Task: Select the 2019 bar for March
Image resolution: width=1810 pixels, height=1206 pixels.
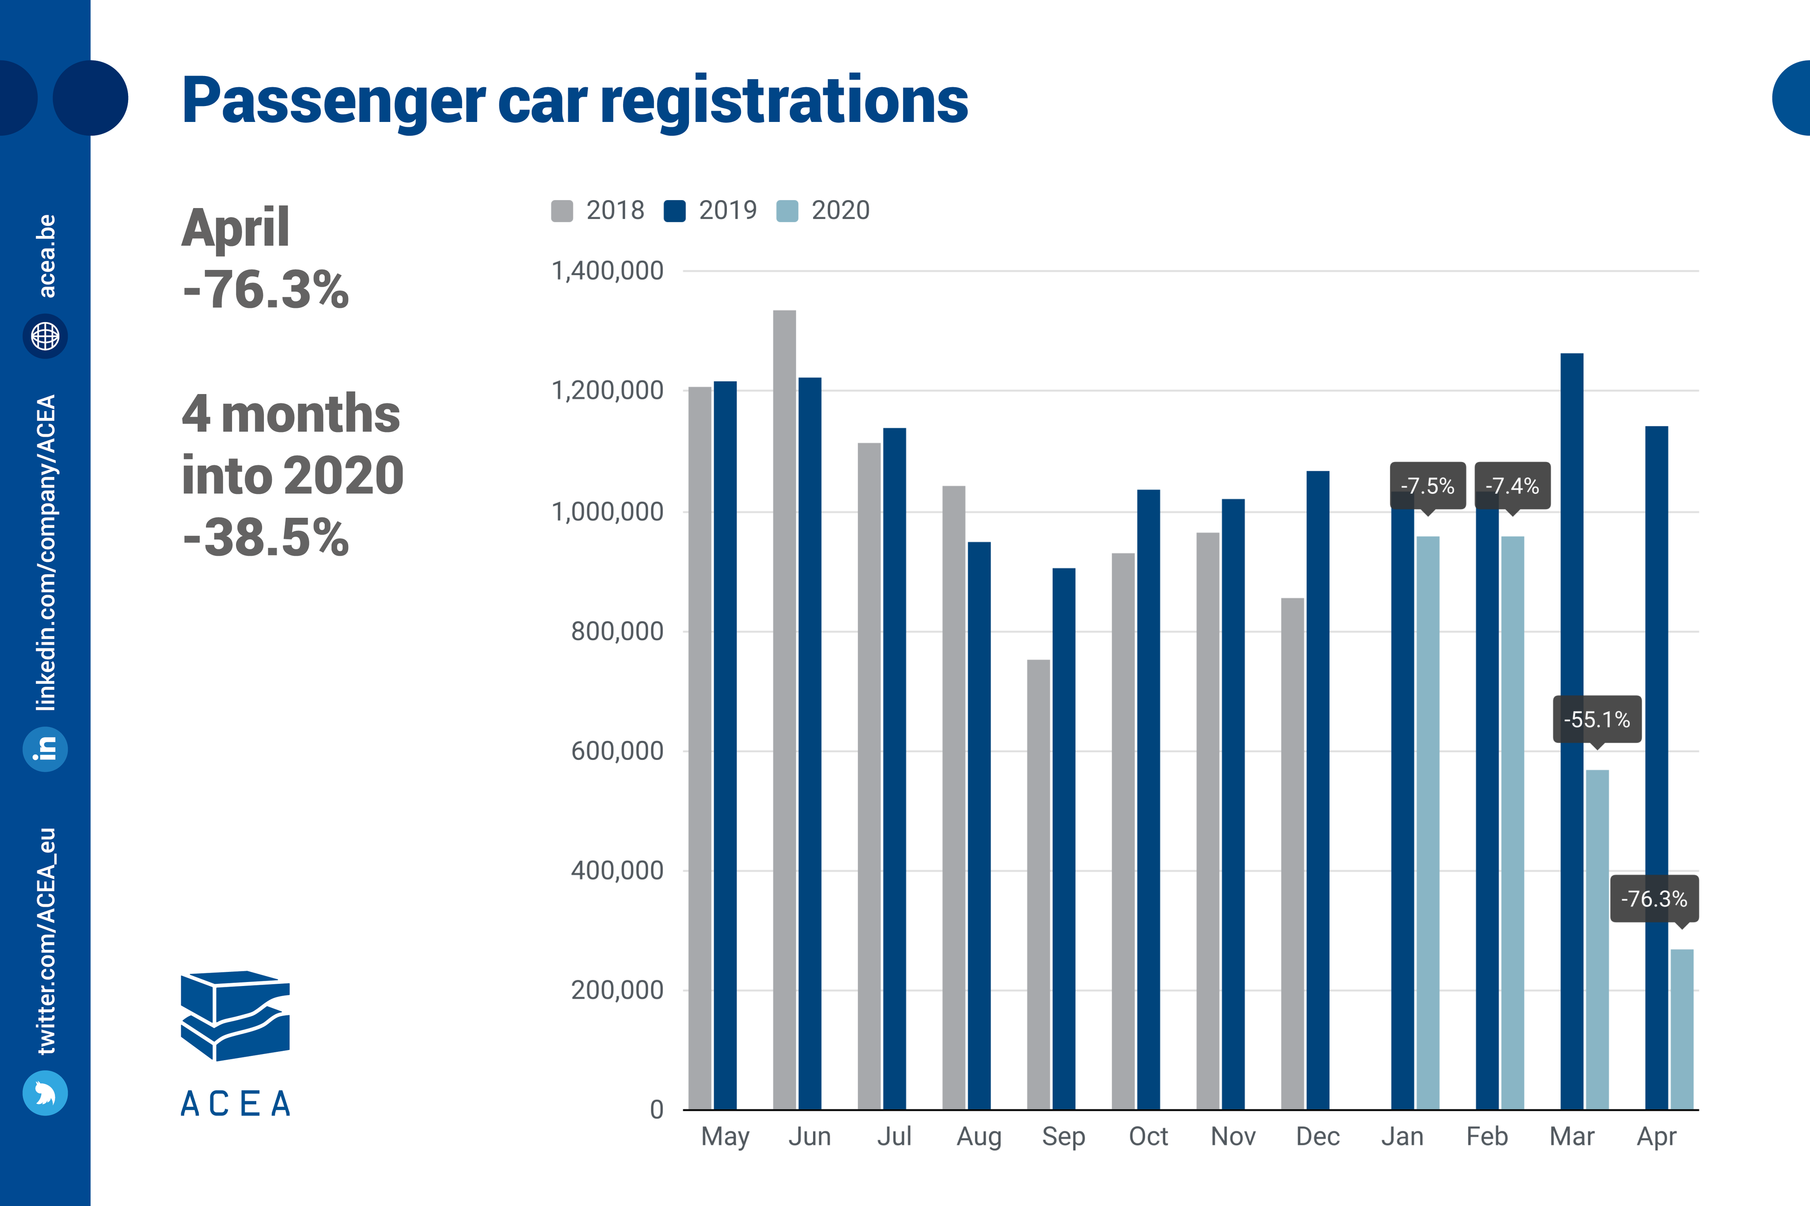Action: point(1571,731)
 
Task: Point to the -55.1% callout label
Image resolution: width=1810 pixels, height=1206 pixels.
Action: point(1597,719)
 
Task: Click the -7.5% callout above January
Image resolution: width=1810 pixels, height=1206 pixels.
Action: point(1427,485)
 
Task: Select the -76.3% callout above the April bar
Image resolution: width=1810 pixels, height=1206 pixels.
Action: point(1654,899)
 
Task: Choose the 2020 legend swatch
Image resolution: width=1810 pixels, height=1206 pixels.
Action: point(787,211)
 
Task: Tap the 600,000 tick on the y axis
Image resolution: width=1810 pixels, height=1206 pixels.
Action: point(617,751)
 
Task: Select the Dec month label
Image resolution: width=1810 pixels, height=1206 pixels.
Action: point(1318,1136)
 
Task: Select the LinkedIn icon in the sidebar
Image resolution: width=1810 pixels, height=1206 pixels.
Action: point(46,748)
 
